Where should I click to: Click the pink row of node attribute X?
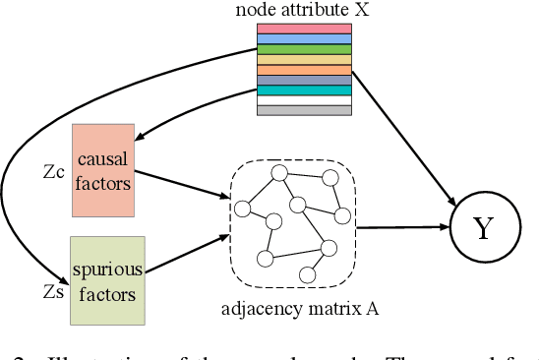pos(303,29)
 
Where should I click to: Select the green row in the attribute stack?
pos(303,49)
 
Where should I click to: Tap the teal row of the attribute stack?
pos(303,90)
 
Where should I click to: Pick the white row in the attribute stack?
pos(303,100)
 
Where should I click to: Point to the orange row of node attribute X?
pos(303,70)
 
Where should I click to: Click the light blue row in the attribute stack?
pos(303,38)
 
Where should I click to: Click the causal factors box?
pos(101,170)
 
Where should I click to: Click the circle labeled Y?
pos(483,228)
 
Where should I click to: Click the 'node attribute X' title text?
pos(302,10)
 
